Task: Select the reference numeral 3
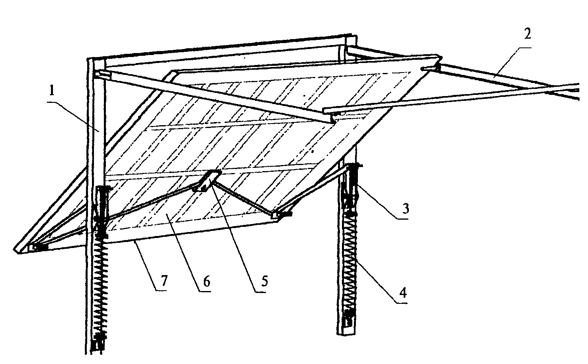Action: pos(406,209)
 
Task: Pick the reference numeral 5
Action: pos(265,281)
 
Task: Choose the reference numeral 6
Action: pos(207,281)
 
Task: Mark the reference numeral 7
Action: pos(164,280)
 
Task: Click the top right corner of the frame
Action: pos(352,35)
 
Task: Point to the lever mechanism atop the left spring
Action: pos(101,208)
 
